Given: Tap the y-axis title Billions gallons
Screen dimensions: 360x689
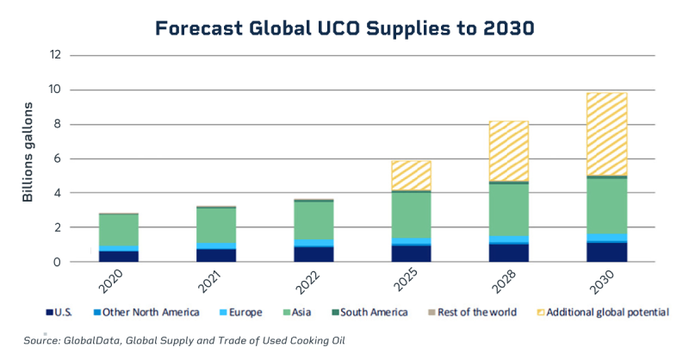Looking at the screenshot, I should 28,152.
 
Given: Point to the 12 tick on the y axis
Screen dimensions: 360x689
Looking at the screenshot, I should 56,55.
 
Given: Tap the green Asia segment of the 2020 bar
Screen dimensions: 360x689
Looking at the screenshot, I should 119,230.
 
